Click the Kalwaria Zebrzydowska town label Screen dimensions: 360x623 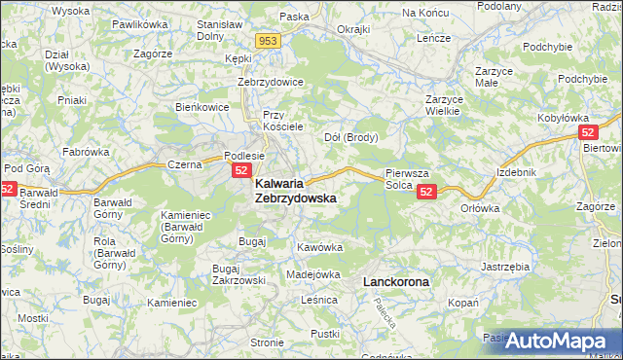(296, 190)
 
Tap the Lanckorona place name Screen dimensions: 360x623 (395, 281)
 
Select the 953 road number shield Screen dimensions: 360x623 (269, 41)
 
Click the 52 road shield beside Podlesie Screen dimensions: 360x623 (242, 170)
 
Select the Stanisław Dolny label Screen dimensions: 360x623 (219, 30)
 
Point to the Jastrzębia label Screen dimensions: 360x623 (504, 265)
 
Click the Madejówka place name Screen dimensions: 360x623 (312, 274)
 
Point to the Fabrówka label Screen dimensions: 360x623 (86, 152)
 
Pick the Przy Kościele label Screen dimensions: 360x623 (284, 121)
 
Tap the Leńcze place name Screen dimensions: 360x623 (433, 37)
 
